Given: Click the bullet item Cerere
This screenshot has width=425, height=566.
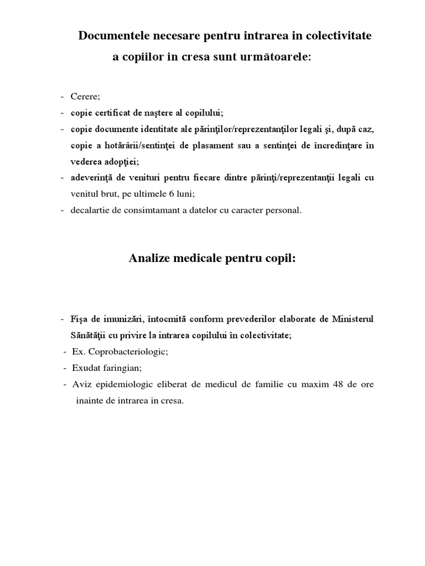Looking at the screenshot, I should [x=85, y=97].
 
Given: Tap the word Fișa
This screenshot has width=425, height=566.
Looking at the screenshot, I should [x=80, y=319].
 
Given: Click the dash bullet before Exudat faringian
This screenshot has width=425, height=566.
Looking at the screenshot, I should [x=66, y=368].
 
